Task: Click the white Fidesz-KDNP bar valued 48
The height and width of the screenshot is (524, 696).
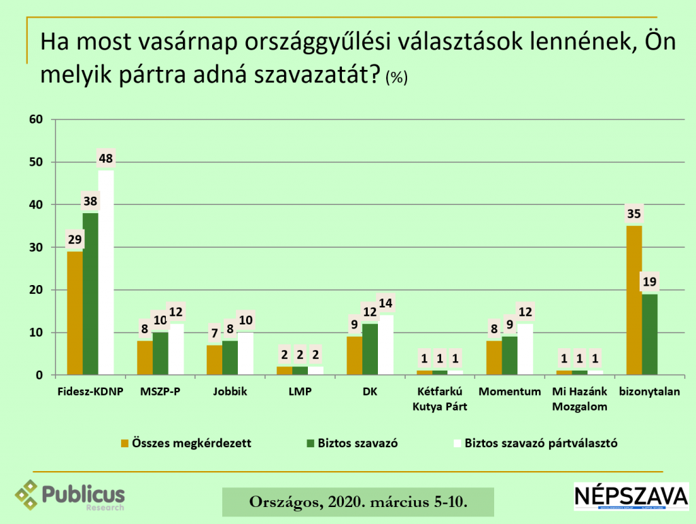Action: pyautogui.click(x=105, y=272)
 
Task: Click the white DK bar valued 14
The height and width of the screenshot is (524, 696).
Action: pyautogui.click(x=385, y=345)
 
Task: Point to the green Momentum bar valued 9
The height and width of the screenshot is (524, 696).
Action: pyautogui.click(x=510, y=356)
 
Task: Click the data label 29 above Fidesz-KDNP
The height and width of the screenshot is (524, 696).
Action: pyautogui.click(x=74, y=240)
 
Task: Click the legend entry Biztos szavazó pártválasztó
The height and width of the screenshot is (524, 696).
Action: pyautogui.click(x=540, y=443)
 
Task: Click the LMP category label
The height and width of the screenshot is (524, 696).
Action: pyautogui.click(x=299, y=392)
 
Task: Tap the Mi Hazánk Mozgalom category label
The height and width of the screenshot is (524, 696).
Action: pyautogui.click(x=579, y=399)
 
